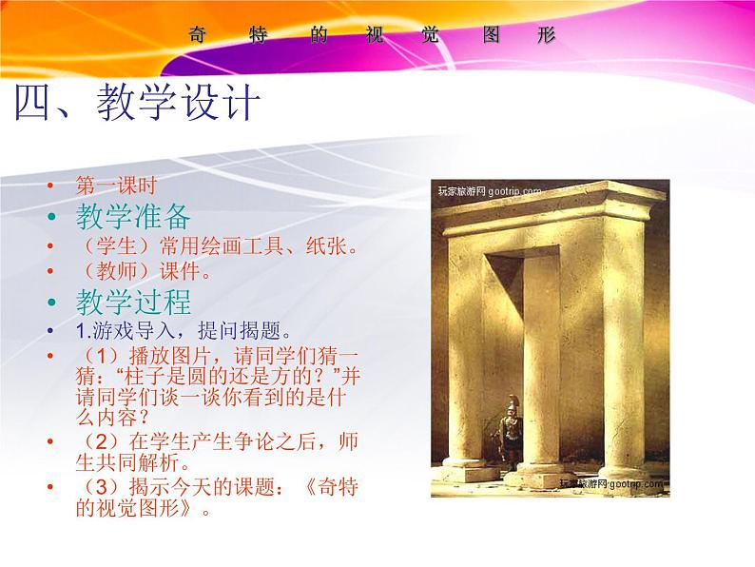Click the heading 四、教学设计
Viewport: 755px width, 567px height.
tap(137, 104)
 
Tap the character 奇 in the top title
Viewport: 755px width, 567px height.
tap(198, 35)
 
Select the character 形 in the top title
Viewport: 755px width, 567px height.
tap(545, 35)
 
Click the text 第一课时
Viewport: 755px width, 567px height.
tap(116, 186)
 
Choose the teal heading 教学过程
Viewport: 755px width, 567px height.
tap(133, 302)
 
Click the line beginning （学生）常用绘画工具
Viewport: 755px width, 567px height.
tap(217, 247)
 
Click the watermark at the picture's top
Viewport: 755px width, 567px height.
tap(490, 190)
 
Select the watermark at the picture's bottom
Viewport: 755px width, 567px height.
tap(610, 484)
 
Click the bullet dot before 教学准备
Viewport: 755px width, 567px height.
tap(53, 218)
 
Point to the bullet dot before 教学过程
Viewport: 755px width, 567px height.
tap(53, 303)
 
